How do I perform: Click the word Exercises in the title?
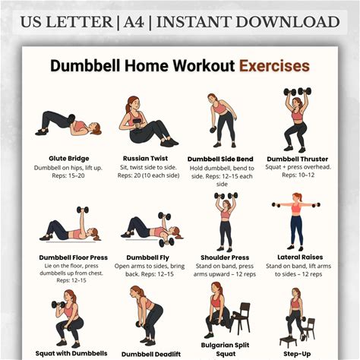[274, 66]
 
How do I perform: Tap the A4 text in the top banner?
[134, 22]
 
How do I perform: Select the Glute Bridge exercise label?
[69, 159]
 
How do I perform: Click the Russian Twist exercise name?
[145, 159]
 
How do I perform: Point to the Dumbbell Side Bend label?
[220, 159]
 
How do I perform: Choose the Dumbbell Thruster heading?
[298, 159]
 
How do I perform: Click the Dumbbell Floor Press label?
[74, 257]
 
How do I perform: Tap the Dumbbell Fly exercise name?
[148, 257]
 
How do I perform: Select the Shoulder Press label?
[225, 257]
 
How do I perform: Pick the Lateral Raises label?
[300, 257]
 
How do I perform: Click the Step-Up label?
[297, 354]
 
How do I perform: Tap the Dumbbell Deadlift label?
[151, 354]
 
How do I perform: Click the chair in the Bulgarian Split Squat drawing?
[241, 317]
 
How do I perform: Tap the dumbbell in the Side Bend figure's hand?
[213, 130]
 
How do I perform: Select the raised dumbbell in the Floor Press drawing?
[83, 210]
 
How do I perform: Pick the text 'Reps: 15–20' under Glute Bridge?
[68, 175]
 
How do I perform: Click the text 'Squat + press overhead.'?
[298, 167]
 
